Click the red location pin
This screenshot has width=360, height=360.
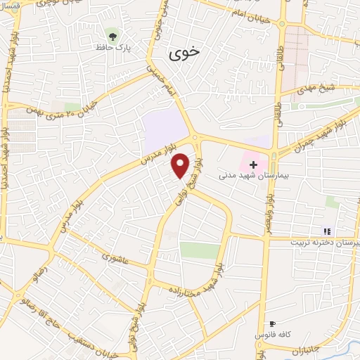point(181,165)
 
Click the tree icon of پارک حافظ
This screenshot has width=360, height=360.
point(112,34)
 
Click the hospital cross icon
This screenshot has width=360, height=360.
point(253,164)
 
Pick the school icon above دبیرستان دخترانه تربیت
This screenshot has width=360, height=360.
point(326,231)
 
